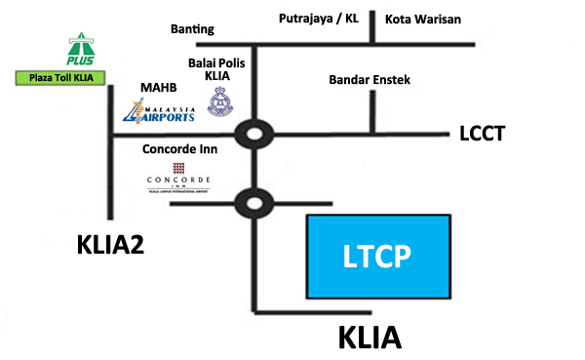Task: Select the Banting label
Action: pos(193,30)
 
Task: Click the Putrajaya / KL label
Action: pos(320,19)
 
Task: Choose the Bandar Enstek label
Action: pos(370,79)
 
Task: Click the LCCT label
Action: pos(483,134)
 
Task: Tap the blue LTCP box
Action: pos(379,256)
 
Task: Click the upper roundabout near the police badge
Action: pos(254,134)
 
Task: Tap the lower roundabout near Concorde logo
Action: pos(254,203)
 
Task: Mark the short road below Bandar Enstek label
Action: pos(370,112)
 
